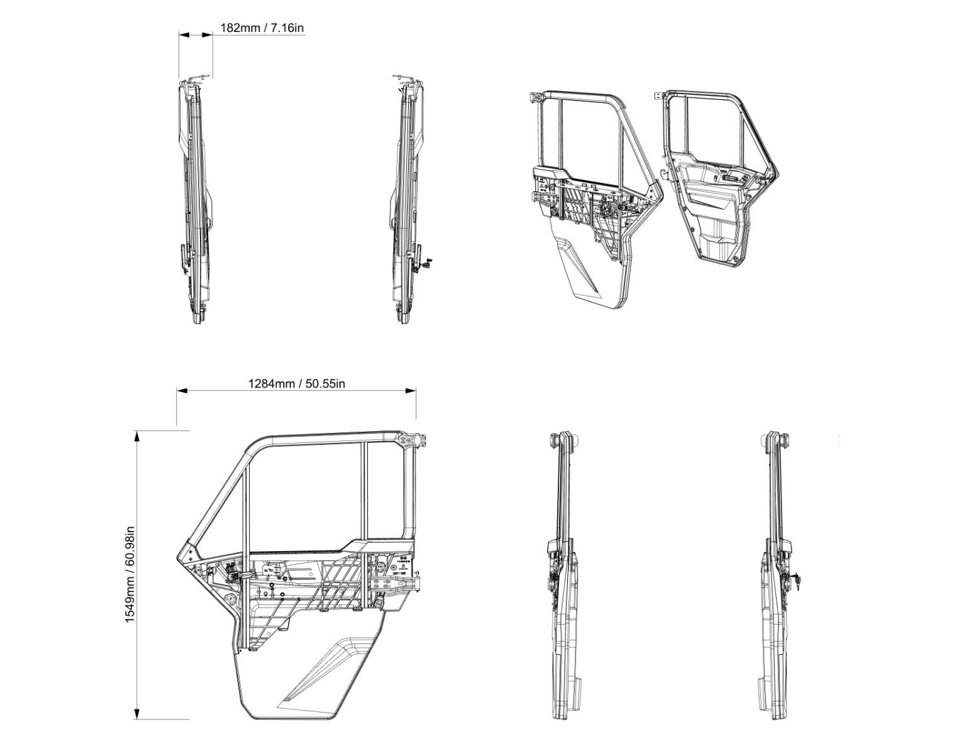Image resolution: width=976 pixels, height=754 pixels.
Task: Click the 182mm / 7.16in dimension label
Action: coord(262,28)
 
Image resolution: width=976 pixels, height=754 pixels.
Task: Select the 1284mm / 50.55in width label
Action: coord(297,383)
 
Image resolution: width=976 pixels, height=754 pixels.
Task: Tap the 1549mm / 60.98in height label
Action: coord(130,574)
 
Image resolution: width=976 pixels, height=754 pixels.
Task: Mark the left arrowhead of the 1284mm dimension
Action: coord(182,391)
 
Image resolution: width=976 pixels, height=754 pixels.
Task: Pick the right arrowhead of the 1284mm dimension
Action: coord(411,391)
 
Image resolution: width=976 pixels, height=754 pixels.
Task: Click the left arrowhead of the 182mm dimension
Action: coord(185,35)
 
